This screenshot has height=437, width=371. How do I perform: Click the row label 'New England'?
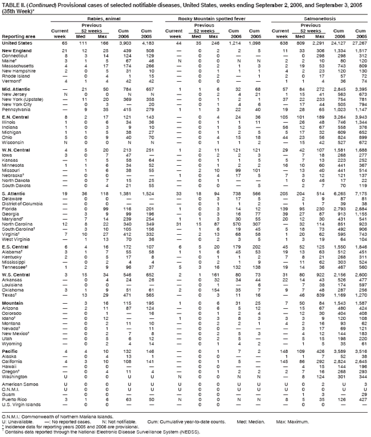(x=17, y=51)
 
